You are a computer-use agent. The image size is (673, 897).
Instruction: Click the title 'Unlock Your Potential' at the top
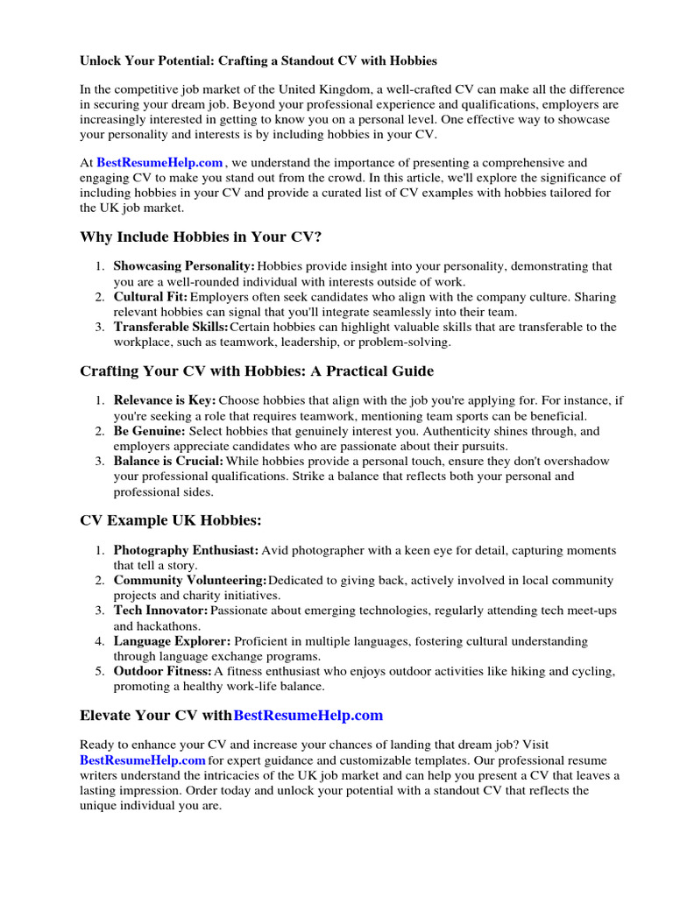point(258,61)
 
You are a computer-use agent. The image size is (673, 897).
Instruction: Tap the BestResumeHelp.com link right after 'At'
point(159,163)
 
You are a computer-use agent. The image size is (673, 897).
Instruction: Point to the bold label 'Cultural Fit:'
point(150,297)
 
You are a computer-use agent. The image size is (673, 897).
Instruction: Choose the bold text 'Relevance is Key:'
point(165,400)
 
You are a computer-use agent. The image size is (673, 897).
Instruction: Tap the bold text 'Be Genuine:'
point(149,431)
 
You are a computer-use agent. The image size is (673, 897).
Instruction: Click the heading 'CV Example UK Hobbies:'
point(171,521)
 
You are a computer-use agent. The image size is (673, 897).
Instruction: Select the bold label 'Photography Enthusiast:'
point(186,551)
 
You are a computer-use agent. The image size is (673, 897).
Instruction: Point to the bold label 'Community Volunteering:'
point(190,581)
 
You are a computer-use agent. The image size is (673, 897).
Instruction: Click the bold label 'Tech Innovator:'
point(160,611)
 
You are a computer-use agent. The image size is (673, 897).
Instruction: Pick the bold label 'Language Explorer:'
point(172,641)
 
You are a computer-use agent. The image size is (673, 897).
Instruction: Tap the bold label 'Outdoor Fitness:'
point(163,671)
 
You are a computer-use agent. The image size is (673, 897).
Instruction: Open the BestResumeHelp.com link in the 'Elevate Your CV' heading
point(308,716)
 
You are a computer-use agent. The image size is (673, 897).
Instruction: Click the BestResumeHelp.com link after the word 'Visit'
point(143,759)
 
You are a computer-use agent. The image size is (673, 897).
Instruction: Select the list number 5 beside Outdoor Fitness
point(100,671)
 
